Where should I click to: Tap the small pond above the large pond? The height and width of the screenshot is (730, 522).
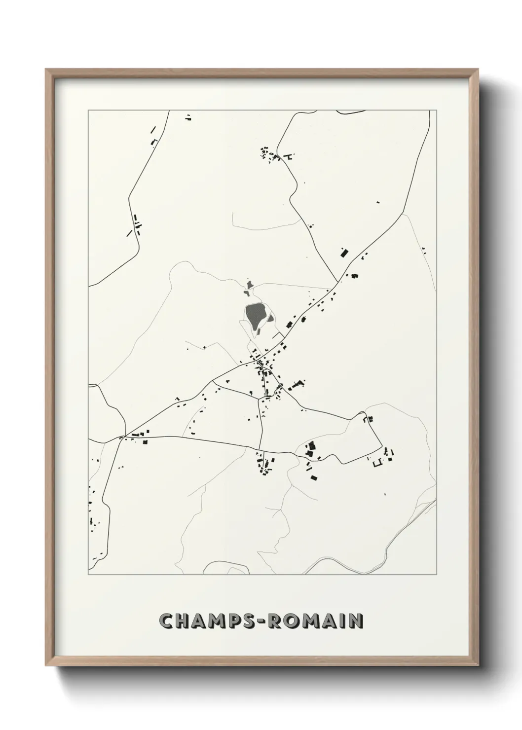[250, 285]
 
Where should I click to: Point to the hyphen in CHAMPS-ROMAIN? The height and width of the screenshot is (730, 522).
[261, 621]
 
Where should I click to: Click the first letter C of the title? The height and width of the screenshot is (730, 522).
[166, 621]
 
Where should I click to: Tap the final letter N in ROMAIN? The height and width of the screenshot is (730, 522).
[356, 621]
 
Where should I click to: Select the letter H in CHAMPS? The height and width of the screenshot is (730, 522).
[183, 621]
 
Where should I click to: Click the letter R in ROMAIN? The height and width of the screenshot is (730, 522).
[274, 621]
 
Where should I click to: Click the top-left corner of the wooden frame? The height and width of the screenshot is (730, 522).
[46, 69]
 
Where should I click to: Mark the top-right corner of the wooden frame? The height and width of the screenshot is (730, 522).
[478, 69]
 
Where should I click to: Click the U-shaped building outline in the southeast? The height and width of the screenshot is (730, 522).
[379, 463]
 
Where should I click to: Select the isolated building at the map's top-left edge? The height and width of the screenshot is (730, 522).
[188, 117]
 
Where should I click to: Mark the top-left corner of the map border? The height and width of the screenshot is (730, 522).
[88, 110]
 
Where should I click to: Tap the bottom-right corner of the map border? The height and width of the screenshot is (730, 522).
[437, 575]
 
